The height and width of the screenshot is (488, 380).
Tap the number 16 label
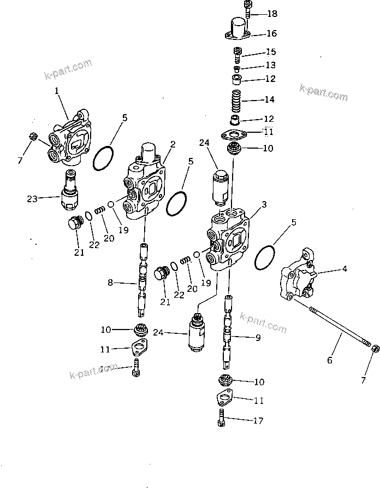pyautogui.click(x=271, y=34)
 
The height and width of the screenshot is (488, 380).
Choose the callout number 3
pyautogui.click(x=264, y=204)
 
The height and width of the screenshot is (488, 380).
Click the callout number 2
pyautogui.click(x=173, y=144)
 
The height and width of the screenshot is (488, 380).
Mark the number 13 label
pyautogui.click(x=270, y=66)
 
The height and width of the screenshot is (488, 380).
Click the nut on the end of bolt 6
pyautogui.click(x=375, y=349)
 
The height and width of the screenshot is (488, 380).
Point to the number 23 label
pyautogui.click(x=32, y=199)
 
